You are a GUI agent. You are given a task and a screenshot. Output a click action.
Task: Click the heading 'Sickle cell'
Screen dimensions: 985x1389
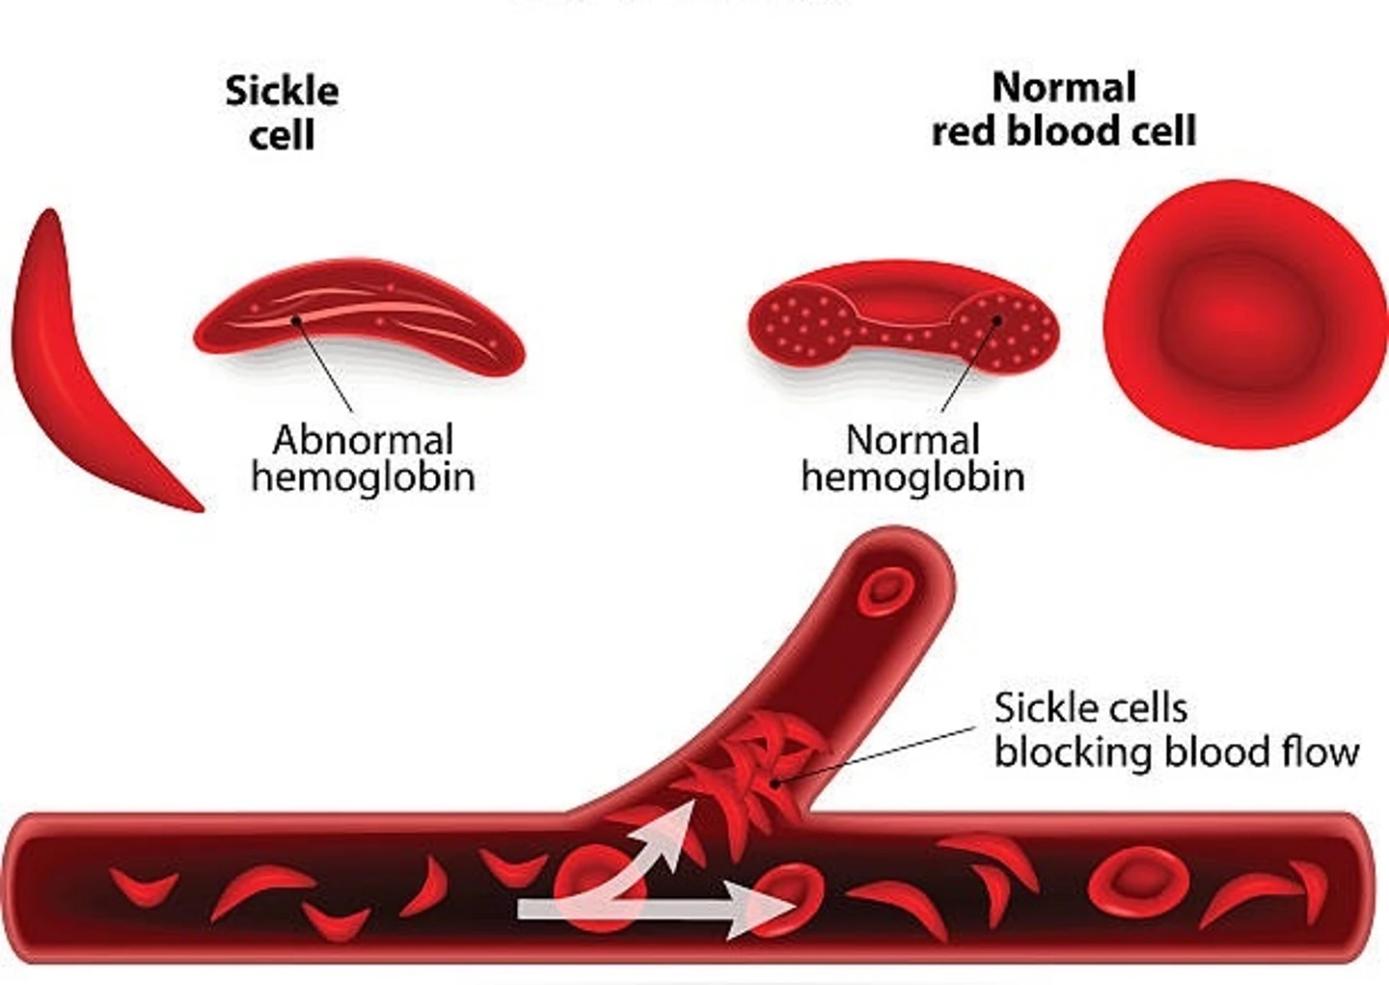coord(282,112)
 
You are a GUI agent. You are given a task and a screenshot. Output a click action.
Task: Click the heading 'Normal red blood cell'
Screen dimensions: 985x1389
coord(1063,109)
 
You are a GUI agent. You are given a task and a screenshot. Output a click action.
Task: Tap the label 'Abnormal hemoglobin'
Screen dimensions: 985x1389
coord(363,458)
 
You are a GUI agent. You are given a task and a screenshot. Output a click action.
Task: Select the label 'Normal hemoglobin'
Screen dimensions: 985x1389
coord(912,458)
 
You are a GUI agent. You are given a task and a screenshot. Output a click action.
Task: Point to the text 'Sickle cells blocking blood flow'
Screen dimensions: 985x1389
coord(1175,730)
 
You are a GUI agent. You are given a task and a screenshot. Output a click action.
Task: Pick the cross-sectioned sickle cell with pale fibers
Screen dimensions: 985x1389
coord(359,318)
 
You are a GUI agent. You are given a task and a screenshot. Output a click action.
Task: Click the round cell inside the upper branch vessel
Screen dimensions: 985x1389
coord(885,589)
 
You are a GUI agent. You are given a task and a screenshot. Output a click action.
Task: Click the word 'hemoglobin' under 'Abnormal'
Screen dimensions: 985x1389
coord(363,477)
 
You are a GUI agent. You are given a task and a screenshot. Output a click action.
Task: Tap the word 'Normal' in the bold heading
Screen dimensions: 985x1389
coord(1063,88)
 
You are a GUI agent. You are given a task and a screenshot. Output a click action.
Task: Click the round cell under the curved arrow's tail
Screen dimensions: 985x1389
coord(588,883)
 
